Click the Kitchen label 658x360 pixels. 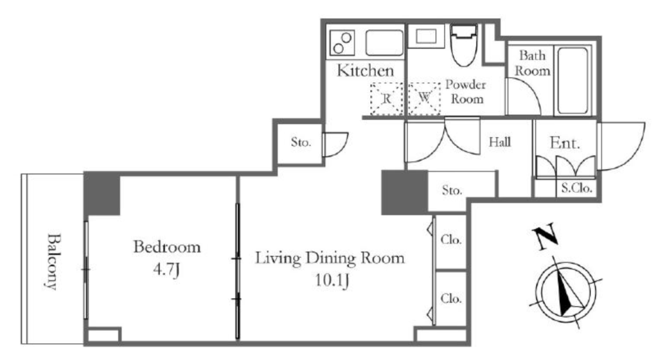[x=366, y=71]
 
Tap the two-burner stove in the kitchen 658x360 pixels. [x=342, y=43]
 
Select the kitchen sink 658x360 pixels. [x=384, y=42]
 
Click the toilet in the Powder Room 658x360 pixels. [x=464, y=44]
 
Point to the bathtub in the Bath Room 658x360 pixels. [x=573, y=80]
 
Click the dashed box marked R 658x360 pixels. [x=386, y=98]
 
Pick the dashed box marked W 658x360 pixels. [x=424, y=98]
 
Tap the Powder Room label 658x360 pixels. [x=466, y=91]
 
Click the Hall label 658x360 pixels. [x=500, y=142]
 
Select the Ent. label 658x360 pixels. [x=565, y=143]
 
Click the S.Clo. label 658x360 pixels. [x=576, y=188]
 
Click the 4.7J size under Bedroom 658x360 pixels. [x=166, y=269]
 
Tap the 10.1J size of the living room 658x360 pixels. [x=332, y=280]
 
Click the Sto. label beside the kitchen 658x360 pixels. [x=301, y=142]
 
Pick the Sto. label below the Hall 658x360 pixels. [x=452, y=190]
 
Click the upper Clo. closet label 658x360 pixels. [x=451, y=240]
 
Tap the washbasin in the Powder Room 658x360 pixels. [x=426, y=36]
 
